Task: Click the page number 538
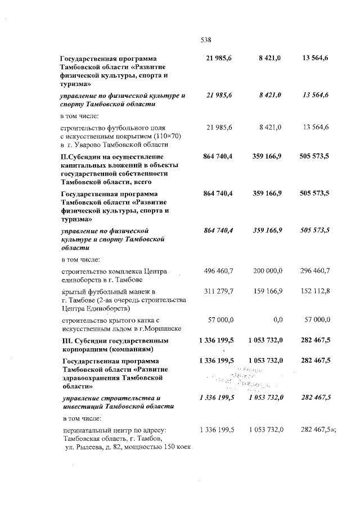[x=205, y=39]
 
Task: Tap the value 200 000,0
[x=267, y=271]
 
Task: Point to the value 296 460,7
[x=315, y=271]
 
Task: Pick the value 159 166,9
[x=267, y=291]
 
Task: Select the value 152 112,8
[x=316, y=291]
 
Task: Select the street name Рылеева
[x=90, y=447]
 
